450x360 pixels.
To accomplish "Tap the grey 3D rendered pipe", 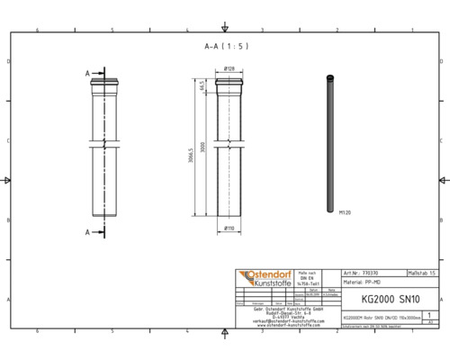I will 330,144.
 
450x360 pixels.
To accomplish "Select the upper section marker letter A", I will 87,72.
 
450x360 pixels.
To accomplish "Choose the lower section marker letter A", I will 87,232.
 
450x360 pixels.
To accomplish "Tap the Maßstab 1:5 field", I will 422,271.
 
